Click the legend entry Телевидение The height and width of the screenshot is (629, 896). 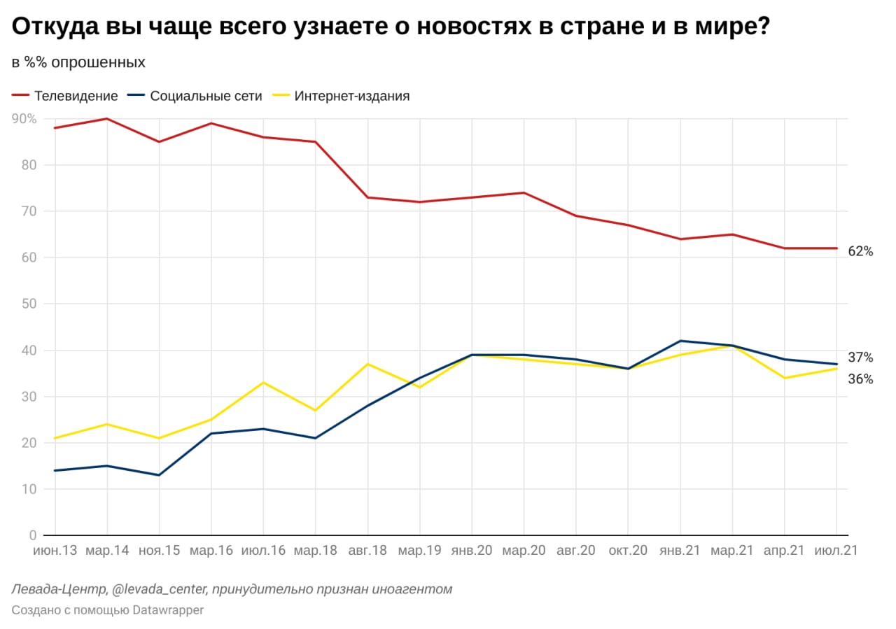pyautogui.click(x=76, y=96)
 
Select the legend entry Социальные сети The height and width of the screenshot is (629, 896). pyautogui.click(x=206, y=96)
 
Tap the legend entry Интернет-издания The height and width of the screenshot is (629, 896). pyautogui.click(x=351, y=96)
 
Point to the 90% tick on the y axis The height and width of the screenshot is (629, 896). pyautogui.click(x=24, y=119)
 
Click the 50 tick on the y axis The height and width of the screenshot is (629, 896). pyautogui.click(x=28, y=304)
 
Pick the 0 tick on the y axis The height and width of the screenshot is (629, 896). pyautogui.click(x=32, y=535)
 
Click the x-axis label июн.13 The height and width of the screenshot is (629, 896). pyautogui.click(x=55, y=551)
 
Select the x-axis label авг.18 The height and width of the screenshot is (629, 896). pyautogui.click(x=367, y=551)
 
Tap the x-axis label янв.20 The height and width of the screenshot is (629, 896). pyautogui.click(x=472, y=551)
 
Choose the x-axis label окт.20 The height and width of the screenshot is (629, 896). pyautogui.click(x=628, y=551)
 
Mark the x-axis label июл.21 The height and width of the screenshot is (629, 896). pyautogui.click(x=836, y=551)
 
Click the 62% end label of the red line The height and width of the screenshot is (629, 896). pyautogui.click(x=860, y=251)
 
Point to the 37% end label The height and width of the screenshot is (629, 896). pyautogui.click(x=860, y=358)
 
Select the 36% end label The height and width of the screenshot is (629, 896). pyautogui.click(x=860, y=379)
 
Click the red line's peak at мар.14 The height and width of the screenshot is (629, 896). pyautogui.click(x=106, y=119)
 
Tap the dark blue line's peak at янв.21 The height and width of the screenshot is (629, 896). pyautogui.click(x=680, y=341)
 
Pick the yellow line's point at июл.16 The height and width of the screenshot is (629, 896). pyautogui.click(x=263, y=383)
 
